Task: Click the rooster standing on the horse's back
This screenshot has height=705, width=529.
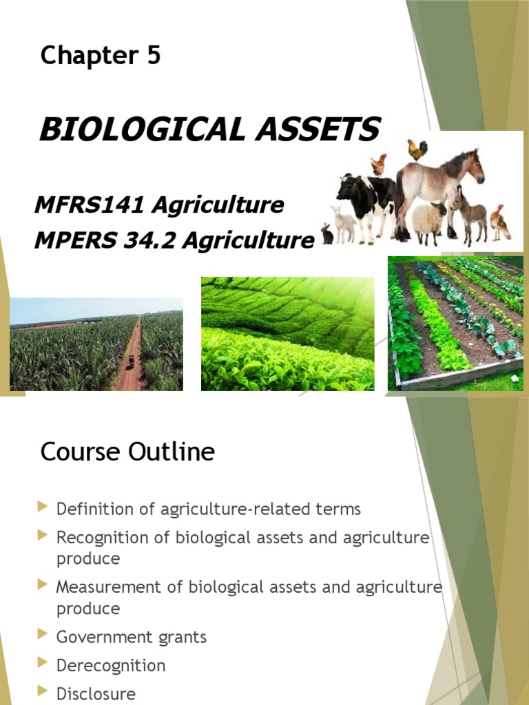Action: (x=417, y=148)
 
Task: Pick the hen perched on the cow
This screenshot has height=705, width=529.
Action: (x=378, y=165)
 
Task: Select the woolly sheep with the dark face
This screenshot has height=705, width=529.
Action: (x=428, y=219)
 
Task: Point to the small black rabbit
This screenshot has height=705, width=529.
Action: (x=327, y=235)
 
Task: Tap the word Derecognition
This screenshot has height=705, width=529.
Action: (x=111, y=666)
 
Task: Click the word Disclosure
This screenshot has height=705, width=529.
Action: (x=96, y=694)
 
